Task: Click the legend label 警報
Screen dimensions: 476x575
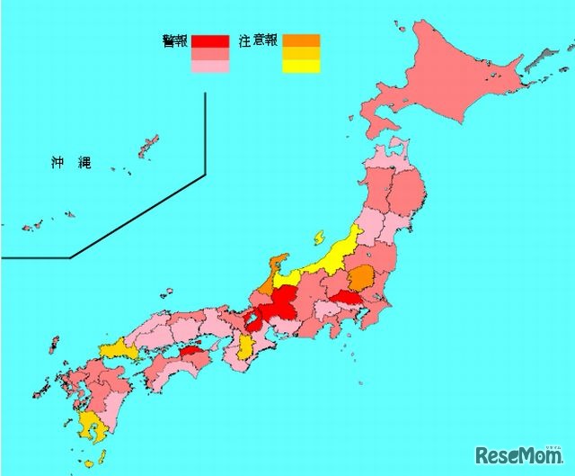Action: (174, 40)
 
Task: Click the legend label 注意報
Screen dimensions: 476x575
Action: (259, 40)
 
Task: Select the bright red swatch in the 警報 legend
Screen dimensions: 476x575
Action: (210, 40)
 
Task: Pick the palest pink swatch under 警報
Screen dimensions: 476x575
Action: (210, 66)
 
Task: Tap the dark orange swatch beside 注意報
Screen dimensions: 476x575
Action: (301, 40)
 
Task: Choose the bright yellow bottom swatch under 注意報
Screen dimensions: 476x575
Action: (301, 65)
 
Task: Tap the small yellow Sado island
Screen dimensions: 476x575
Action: (319, 238)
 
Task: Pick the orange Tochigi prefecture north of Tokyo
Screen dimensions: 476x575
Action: (361, 277)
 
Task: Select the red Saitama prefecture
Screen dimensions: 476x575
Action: (346, 298)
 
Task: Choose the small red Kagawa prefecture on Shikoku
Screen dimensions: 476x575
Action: (190, 354)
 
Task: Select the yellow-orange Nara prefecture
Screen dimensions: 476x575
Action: (245, 347)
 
